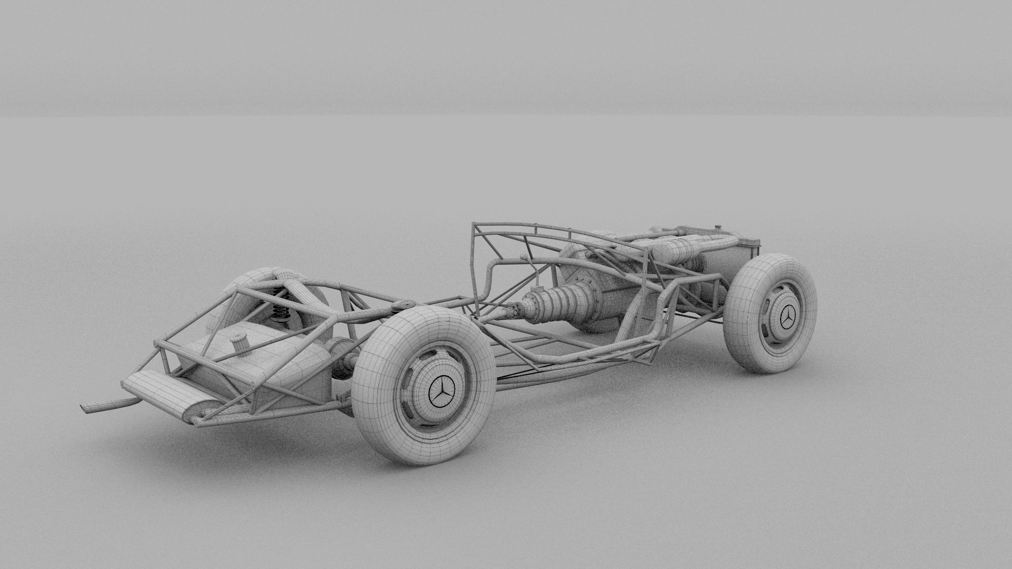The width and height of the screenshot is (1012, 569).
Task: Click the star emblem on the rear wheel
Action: pyautogui.click(x=441, y=392)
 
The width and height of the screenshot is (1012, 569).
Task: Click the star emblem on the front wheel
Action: pyautogui.click(x=788, y=317)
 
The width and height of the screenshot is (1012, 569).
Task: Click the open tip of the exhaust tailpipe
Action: pyautogui.click(x=86, y=408)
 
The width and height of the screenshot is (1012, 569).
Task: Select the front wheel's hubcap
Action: pyautogui.click(x=786, y=316)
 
